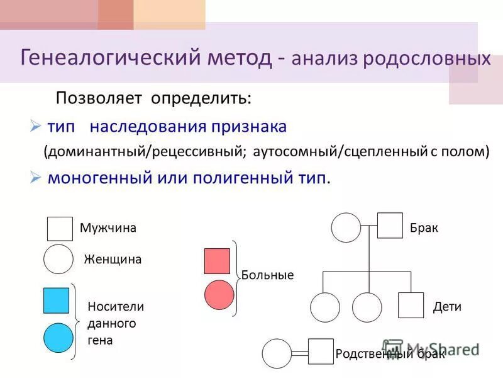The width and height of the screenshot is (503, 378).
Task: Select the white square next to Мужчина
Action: coord(60,229)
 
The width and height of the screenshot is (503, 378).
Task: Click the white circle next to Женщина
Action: coord(58,259)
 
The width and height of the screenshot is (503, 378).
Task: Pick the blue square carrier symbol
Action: coord(56,301)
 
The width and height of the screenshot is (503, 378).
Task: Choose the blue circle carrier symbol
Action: coord(58,338)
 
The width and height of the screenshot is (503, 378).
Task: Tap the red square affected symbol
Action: coord(217,261)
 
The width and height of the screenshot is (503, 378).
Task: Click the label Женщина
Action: coord(113,259)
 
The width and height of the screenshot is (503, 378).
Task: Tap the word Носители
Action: coord(116,307)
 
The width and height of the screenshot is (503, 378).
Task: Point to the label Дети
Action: coord(447,307)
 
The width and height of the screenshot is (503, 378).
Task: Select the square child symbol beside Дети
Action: coord(411,306)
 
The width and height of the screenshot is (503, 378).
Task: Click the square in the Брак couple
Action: coord(390,226)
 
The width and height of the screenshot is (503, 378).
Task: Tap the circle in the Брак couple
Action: coord(346,227)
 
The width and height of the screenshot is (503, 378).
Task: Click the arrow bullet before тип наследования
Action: coord(35,127)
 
